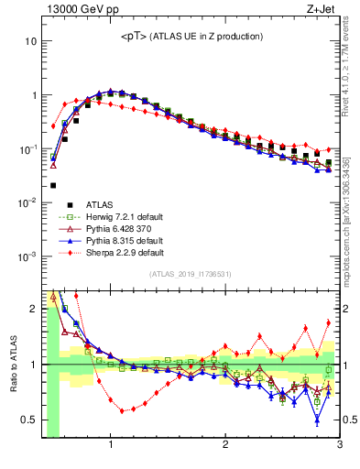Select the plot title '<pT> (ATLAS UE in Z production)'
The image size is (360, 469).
191,36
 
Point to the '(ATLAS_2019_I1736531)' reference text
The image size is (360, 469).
191,274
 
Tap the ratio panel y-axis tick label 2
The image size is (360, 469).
33,309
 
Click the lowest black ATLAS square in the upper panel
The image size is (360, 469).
53,185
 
